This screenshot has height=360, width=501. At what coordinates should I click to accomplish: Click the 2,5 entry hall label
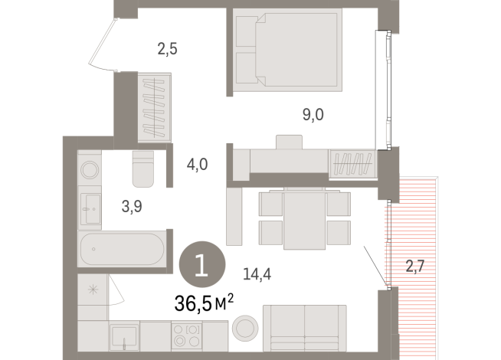click(168, 51)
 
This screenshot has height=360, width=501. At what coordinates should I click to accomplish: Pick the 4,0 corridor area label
click(197, 163)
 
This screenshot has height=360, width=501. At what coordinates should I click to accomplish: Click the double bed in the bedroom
click(283, 51)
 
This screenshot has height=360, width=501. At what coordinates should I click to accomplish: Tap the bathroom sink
click(90, 205)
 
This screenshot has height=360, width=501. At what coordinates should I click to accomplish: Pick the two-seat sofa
click(304, 326)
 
